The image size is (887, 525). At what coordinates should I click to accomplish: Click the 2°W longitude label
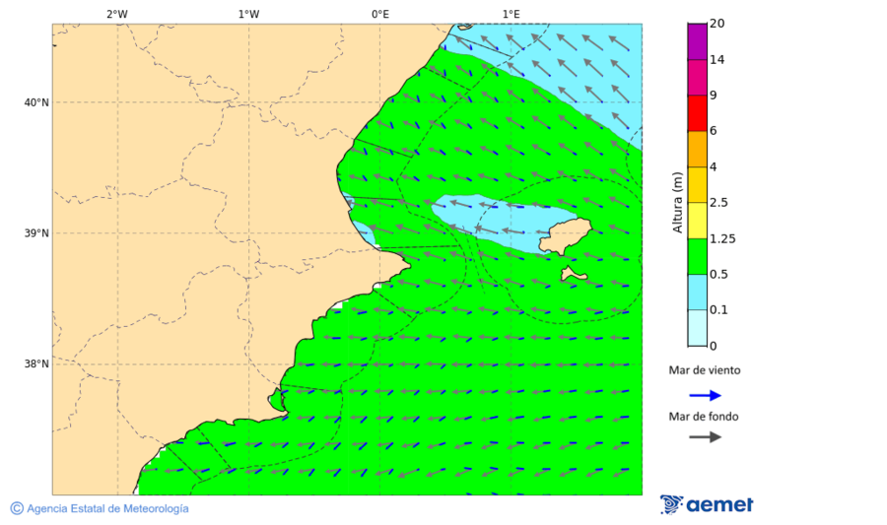coord(116,14)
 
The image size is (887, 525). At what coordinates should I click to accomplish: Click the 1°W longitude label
coord(248,14)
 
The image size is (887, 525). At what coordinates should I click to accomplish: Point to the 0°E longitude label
coord(379,14)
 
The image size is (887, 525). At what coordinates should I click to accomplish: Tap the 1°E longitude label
coord(511,14)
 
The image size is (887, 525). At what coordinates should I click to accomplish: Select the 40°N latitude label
coord(36,102)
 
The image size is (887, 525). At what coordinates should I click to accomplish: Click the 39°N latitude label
coord(36,233)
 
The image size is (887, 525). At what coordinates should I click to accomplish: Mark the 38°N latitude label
coord(36,364)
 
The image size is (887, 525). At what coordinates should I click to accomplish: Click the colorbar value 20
coord(717,24)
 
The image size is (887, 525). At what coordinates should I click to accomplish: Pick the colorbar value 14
coord(717,59)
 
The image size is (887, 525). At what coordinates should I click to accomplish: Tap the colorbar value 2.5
coord(720,203)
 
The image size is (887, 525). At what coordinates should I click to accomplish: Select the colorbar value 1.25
coord(723,238)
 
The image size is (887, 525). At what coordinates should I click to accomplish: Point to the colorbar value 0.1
coord(720,310)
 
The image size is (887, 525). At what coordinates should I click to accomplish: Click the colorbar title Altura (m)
coord(677,202)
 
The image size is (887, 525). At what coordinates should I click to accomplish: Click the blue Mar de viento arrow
coord(705,395)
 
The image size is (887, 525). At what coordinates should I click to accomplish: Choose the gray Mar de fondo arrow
coord(705,436)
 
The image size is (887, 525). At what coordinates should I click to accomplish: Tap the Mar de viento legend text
coord(704,370)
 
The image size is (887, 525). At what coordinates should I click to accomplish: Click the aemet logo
coord(707,504)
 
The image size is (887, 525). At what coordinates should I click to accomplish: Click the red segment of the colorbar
coord(697,113)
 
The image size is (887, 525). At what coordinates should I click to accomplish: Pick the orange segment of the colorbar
coord(697,149)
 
